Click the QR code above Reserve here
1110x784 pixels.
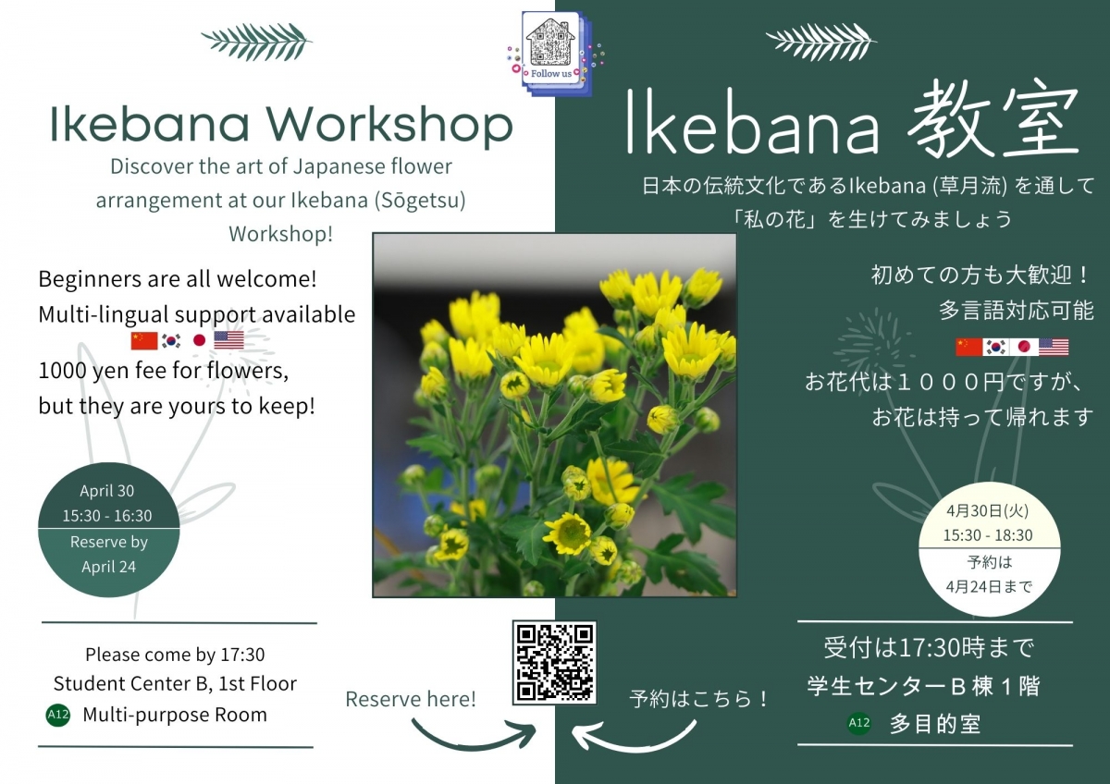click(x=554, y=662)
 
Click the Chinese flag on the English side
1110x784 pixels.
click(x=144, y=340)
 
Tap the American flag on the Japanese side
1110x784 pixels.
click(x=1053, y=347)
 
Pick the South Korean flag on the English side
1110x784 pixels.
click(x=171, y=340)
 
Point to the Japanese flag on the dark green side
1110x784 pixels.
click(x=1023, y=347)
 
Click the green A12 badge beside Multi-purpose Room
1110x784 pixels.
click(x=58, y=715)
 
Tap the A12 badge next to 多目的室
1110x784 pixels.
click(x=858, y=723)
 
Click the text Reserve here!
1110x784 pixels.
click(x=411, y=699)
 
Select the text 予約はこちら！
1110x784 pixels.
click(x=699, y=699)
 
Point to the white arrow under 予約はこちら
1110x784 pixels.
click(x=635, y=734)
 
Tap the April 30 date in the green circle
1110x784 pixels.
click(x=107, y=491)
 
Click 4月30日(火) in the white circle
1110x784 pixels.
click(x=987, y=510)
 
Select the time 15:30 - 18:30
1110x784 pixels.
click(x=987, y=535)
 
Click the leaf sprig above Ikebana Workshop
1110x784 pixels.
click(x=256, y=41)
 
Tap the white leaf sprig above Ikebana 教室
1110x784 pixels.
click(x=821, y=41)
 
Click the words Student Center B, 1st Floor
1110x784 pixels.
click(x=175, y=684)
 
